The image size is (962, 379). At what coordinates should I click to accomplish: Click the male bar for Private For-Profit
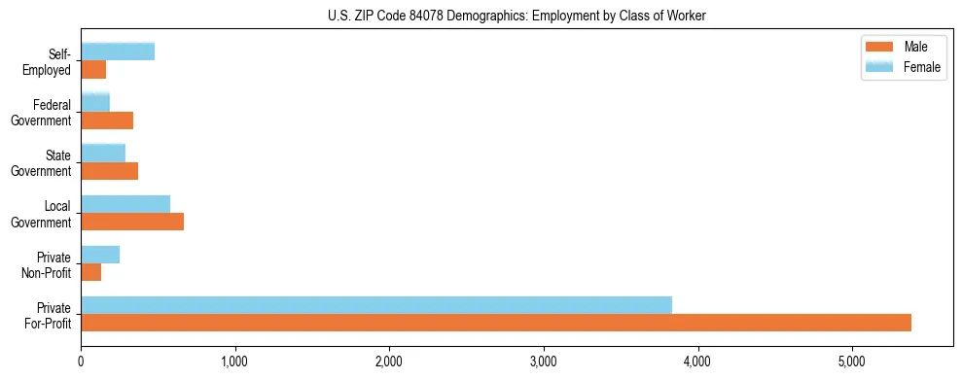click(496, 323)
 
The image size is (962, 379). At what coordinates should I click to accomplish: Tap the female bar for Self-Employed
click(118, 52)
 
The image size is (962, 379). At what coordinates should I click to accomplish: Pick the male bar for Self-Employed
click(93, 70)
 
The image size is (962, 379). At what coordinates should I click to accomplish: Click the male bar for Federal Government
click(107, 121)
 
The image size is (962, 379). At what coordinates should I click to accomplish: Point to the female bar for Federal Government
click(95, 103)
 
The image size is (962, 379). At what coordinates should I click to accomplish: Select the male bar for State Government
click(110, 171)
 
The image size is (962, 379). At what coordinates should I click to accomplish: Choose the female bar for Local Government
click(125, 204)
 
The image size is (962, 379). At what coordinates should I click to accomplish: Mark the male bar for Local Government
click(132, 222)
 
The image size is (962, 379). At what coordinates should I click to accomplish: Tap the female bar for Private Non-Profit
click(100, 255)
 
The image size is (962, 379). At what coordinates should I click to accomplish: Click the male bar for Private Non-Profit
click(91, 272)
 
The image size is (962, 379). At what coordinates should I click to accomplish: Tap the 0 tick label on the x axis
click(81, 362)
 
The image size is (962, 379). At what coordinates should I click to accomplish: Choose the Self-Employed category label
click(53, 61)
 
